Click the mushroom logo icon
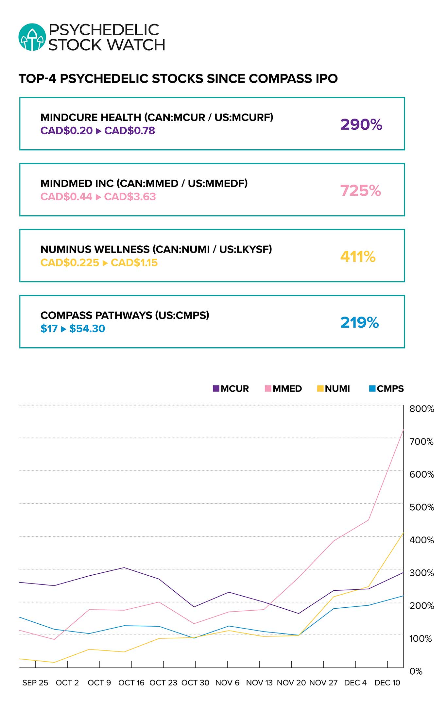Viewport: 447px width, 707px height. pos(32,37)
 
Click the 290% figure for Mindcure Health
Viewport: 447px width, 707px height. pos(361,124)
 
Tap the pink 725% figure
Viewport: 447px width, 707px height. pos(360,190)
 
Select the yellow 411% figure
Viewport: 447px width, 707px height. pos(358,256)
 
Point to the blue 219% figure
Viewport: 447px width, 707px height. pos(359,322)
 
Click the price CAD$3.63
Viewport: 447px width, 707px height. pos(130,197)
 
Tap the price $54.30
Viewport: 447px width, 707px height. pos(87,329)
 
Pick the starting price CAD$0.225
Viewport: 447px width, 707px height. pos(70,263)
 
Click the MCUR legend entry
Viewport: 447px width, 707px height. pos(231,388)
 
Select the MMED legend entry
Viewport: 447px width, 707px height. pos(283,388)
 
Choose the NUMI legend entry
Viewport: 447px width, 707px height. pos(334,388)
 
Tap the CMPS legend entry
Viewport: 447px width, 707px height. pos(387,388)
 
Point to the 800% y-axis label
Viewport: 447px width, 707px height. pos(422,409)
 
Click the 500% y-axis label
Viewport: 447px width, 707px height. pos(422,507)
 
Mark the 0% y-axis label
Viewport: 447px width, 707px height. pos(416,671)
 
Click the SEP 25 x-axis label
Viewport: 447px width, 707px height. pos(35,682)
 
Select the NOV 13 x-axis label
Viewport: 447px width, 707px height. pos(259,682)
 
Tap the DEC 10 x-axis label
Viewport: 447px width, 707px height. pos(387,682)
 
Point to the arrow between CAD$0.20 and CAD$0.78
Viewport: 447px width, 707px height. pos(98,131)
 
